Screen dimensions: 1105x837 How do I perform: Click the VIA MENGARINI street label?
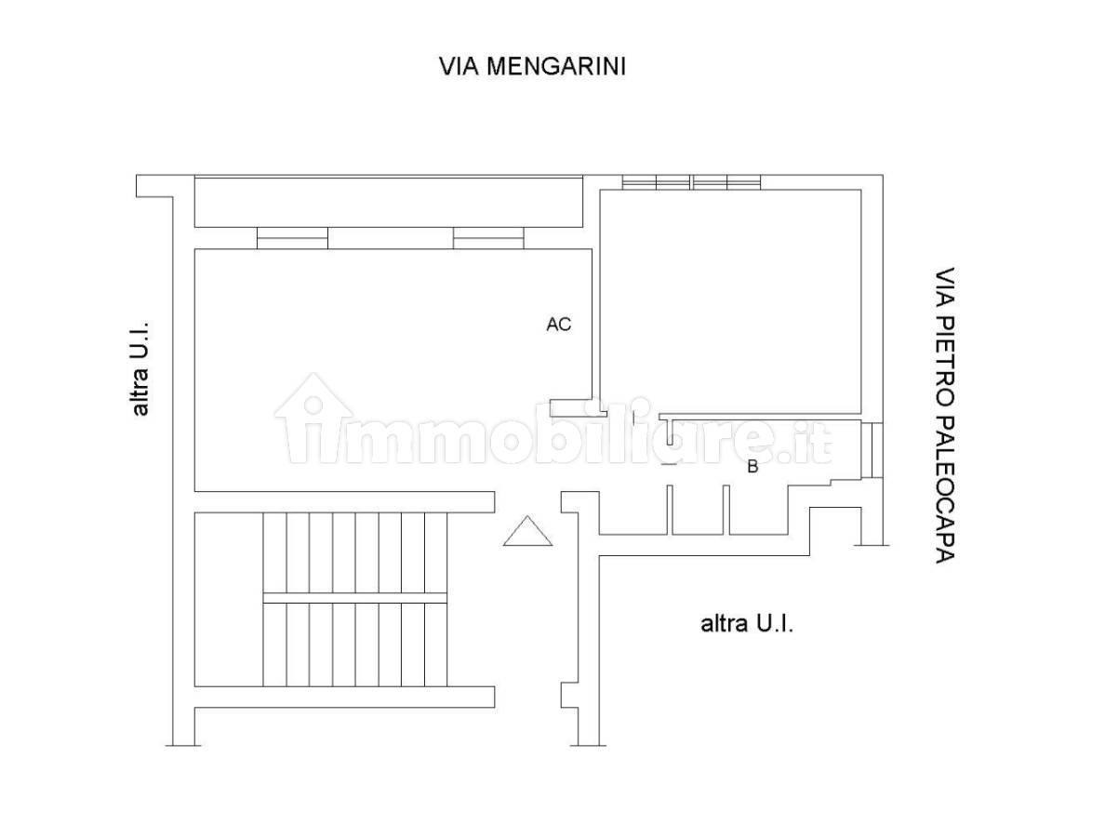pyautogui.click(x=533, y=66)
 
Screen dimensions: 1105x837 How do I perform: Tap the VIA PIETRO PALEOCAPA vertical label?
pyautogui.click(x=944, y=415)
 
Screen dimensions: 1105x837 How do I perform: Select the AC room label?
pyautogui.click(x=559, y=324)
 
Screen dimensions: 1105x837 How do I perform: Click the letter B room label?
pyautogui.click(x=752, y=467)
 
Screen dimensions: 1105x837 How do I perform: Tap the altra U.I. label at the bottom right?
pyautogui.click(x=747, y=623)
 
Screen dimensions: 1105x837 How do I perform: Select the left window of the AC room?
pyautogui.click(x=292, y=238)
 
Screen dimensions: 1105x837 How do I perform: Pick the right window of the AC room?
pyautogui.click(x=488, y=238)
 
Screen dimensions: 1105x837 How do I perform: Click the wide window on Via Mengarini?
pyautogui.click(x=691, y=181)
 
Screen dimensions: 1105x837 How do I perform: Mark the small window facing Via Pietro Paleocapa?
pyautogui.click(x=872, y=449)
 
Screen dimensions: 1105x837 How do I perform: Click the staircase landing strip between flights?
pyautogui.click(x=355, y=598)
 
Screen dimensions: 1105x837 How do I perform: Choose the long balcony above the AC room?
pyautogui.click(x=388, y=202)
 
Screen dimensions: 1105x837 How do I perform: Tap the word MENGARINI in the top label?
pyautogui.click(x=556, y=66)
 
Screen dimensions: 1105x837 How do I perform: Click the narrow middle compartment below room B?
pyautogui.click(x=698, y=510)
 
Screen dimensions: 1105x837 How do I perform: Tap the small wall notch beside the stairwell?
pyautogui.click(x=569, y=695)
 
